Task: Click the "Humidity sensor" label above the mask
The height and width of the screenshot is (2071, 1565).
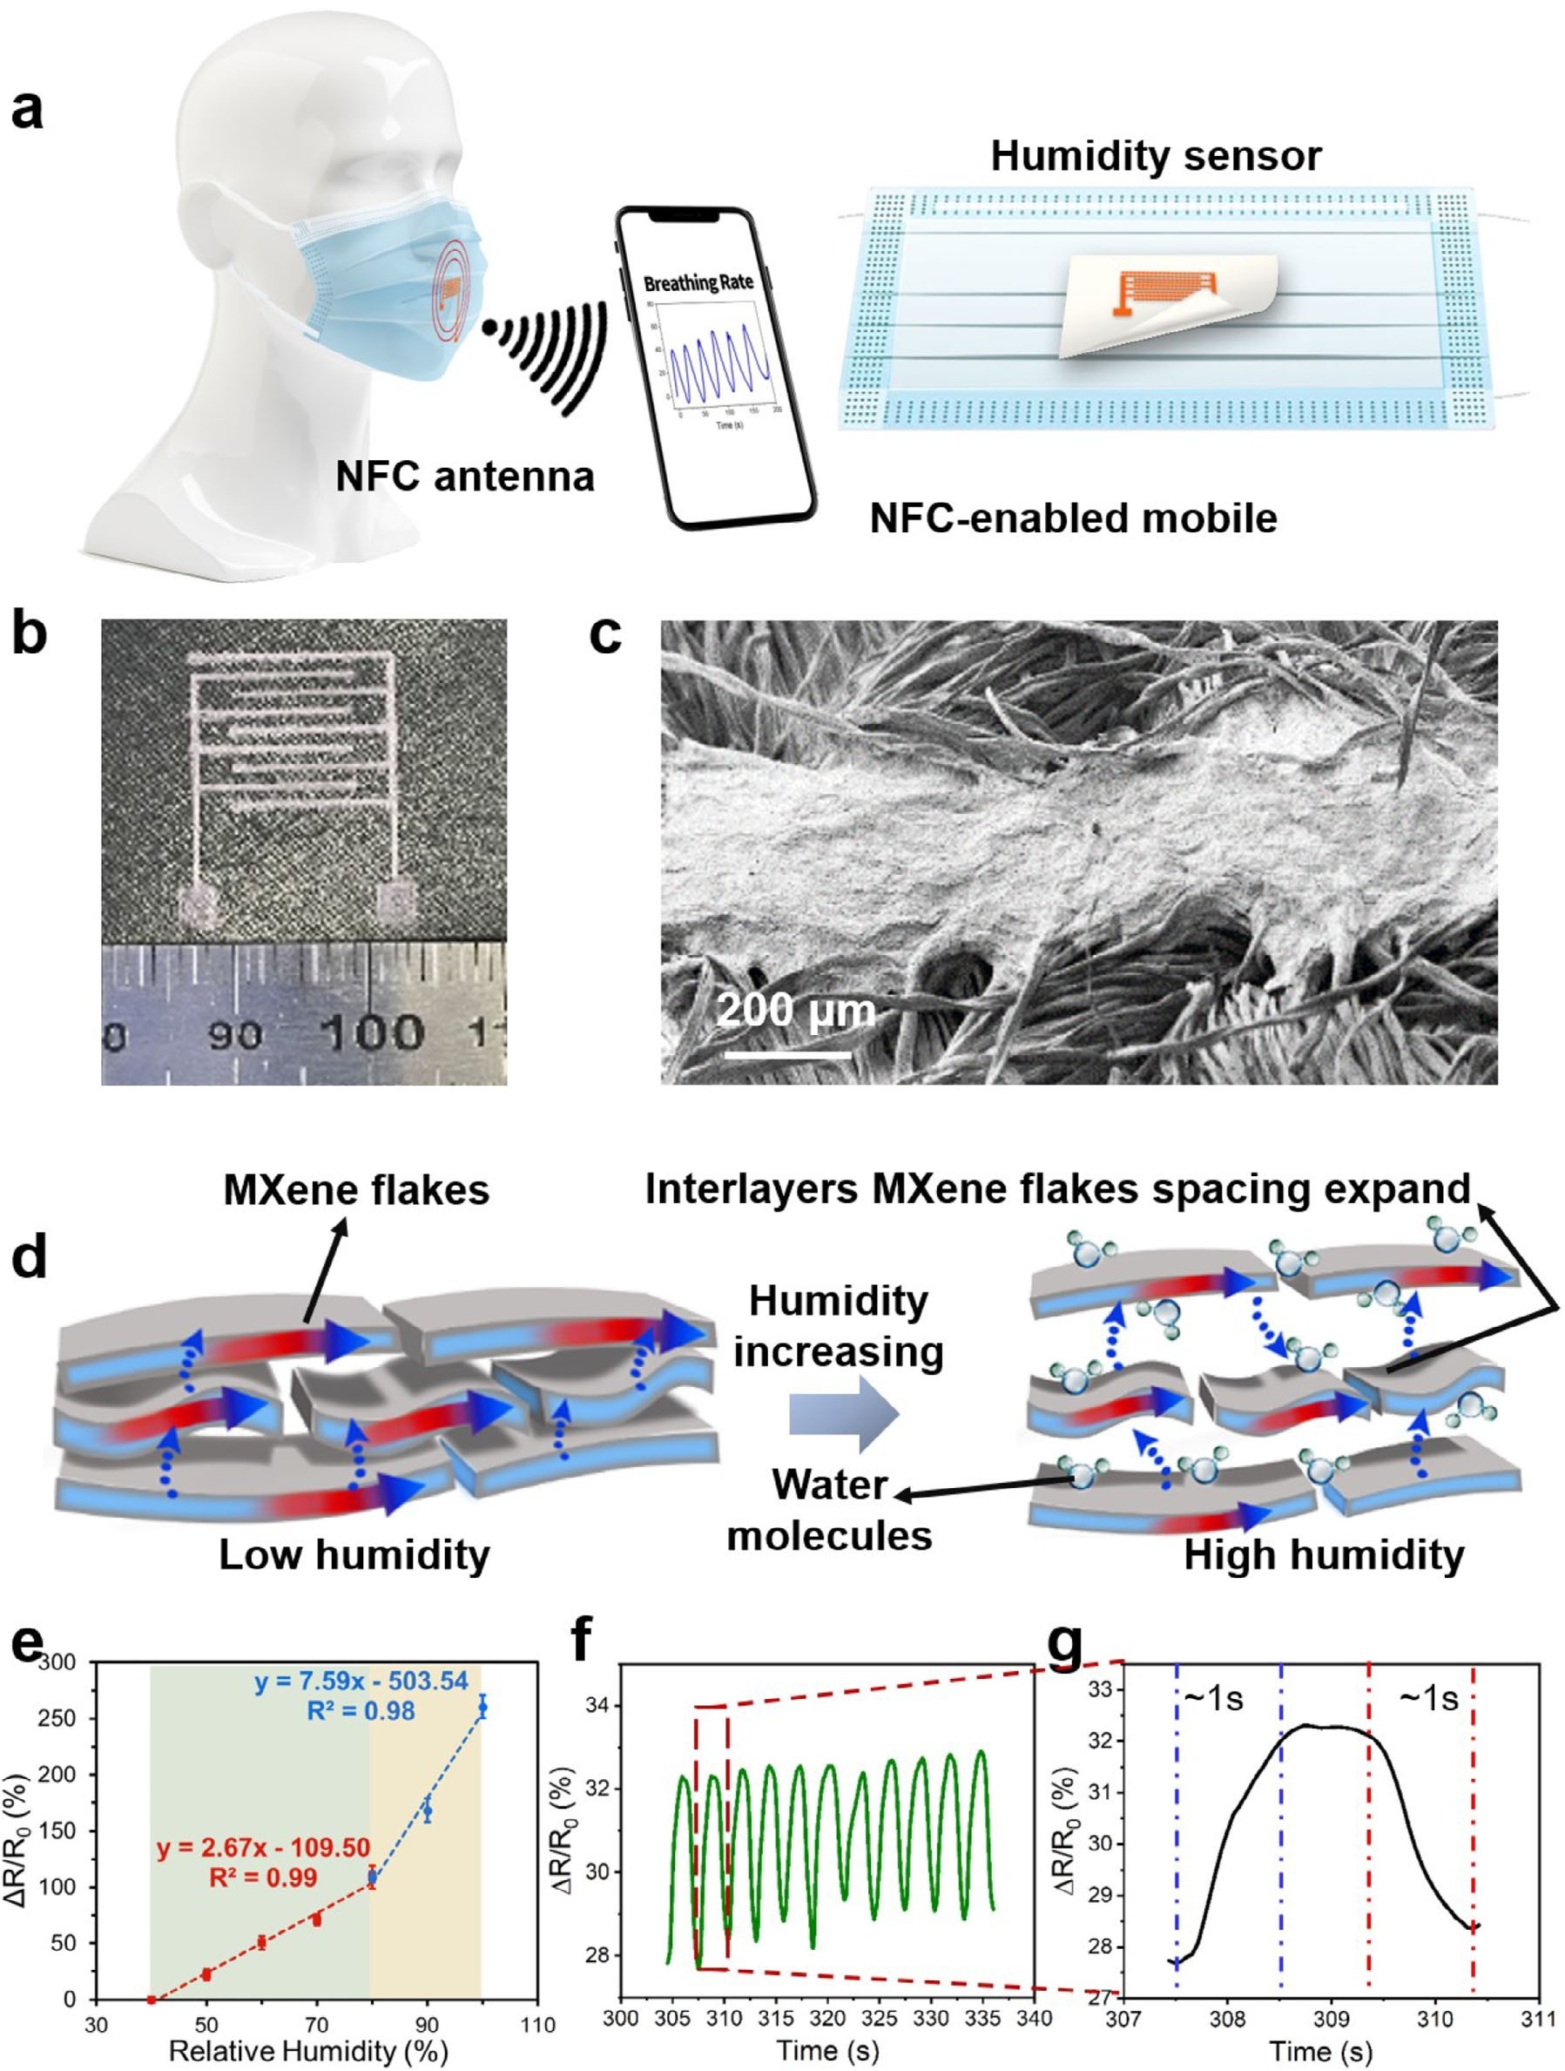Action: tap(1156, 156)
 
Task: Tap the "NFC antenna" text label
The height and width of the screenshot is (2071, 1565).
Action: tap(465, 477)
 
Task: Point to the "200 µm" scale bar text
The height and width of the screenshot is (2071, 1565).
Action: tap(796, 1012)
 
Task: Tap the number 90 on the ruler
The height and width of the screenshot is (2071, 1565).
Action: tap(234, 1035)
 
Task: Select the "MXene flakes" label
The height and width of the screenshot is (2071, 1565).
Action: tap(355, 1191)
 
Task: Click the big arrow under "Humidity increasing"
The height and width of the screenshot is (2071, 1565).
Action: tap(843, 1414)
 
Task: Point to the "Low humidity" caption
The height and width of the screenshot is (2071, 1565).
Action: tap(354, 1555)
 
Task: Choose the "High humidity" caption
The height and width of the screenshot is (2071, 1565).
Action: tap(1324, 1555)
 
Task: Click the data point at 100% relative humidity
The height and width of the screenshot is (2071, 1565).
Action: tap(482, 1707)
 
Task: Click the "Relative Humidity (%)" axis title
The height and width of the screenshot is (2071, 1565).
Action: tap(308, 2051)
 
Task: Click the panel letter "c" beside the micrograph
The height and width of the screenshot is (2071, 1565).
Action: tap(605, 637)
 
